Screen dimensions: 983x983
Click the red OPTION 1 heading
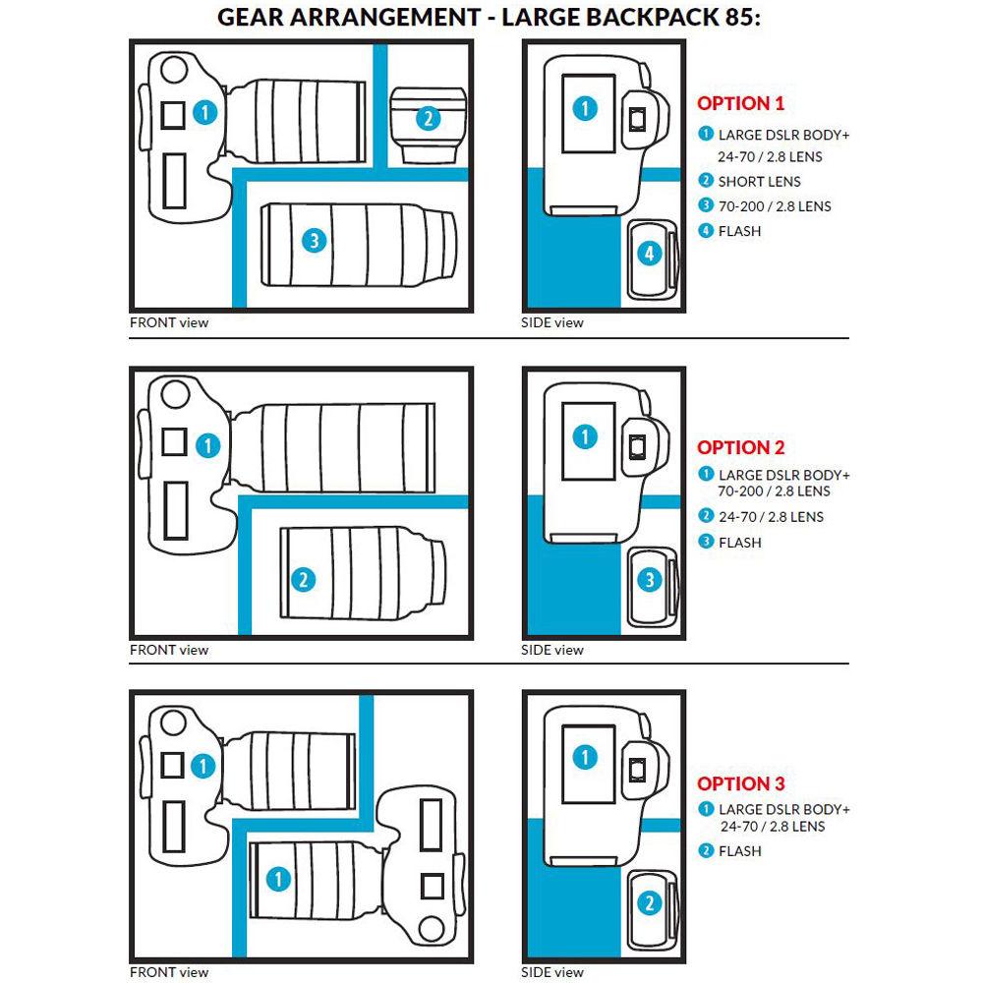coord(740,103)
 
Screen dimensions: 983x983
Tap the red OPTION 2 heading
coord(740,447)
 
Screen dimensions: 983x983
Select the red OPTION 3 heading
coord(740,783)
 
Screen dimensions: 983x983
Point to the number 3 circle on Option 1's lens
coord(313,239)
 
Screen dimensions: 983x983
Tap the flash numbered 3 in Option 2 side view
coord(650,580)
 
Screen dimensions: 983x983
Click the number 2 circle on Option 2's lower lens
coord(304,579)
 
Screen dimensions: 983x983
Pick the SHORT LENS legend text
coord(759,181)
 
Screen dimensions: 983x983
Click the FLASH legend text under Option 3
coord(739,850)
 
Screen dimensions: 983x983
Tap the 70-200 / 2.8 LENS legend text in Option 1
coord(774,206)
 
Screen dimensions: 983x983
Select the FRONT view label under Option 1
coord(169,321)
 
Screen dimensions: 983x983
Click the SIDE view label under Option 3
coord(552,972)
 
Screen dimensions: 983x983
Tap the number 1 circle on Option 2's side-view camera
coord(585,435)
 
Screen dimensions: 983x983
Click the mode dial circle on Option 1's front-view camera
coord(173,70)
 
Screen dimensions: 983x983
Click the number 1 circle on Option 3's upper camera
coord(202,764)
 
